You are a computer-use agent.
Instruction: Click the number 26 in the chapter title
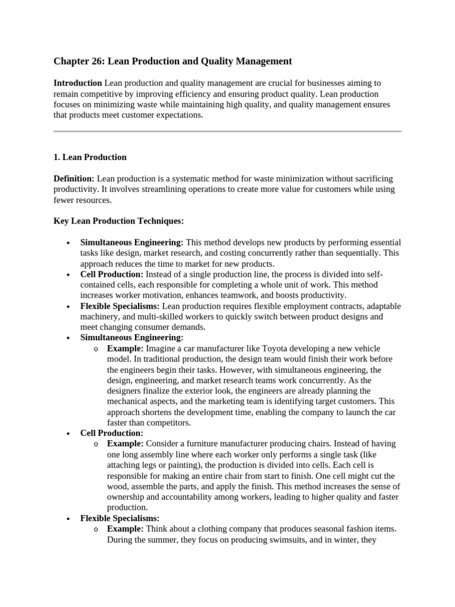click(93, 61)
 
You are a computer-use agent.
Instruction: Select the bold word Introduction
click(77, 83)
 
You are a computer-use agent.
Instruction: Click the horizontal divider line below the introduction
click(227, 131)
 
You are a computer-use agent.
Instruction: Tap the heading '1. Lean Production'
click(90, 157)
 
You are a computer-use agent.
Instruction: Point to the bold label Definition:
click(74, 178)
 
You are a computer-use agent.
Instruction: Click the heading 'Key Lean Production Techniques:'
click(118, 221)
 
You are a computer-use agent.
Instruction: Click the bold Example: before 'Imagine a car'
click(125, 349)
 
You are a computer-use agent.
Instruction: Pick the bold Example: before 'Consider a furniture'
click(125, 444)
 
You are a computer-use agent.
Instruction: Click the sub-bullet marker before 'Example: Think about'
click(96, 529)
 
